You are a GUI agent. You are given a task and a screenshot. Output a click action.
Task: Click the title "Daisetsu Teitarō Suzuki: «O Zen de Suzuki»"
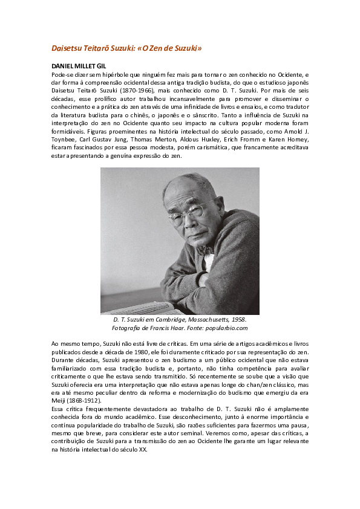click(126, 47)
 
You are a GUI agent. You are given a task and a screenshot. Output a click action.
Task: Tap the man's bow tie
click(205, 249)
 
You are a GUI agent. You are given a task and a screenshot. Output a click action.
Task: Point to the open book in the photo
click(136, 307)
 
